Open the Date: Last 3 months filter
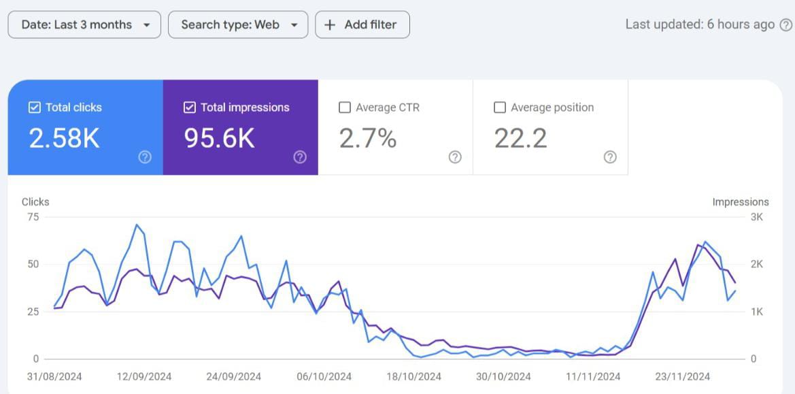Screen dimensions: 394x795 (84, 24)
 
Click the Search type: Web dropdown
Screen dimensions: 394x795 (238, 24)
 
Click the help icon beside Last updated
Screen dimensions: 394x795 (785, 24)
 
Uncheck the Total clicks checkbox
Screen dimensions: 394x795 (35, 108)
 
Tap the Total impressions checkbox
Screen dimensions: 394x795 (190, 108)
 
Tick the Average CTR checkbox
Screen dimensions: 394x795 (345, 108)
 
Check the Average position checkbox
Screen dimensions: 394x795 (500, 108)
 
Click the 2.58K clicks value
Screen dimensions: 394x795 (64, 138)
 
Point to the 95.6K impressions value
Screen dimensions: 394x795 (219, 138)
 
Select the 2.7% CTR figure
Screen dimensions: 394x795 (367, 138)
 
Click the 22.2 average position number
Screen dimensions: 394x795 (520, 138)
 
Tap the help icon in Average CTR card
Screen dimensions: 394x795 (455, 157)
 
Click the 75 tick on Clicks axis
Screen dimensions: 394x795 (33, 217)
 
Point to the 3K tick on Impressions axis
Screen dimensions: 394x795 (756, 217)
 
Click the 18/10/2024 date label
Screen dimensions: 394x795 (413, 376)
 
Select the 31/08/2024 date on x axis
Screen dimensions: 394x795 (54, 376)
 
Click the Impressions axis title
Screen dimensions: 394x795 (740, 202)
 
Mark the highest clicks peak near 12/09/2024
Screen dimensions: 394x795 (137, 225)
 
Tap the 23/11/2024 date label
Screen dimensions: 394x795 (682, 376)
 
